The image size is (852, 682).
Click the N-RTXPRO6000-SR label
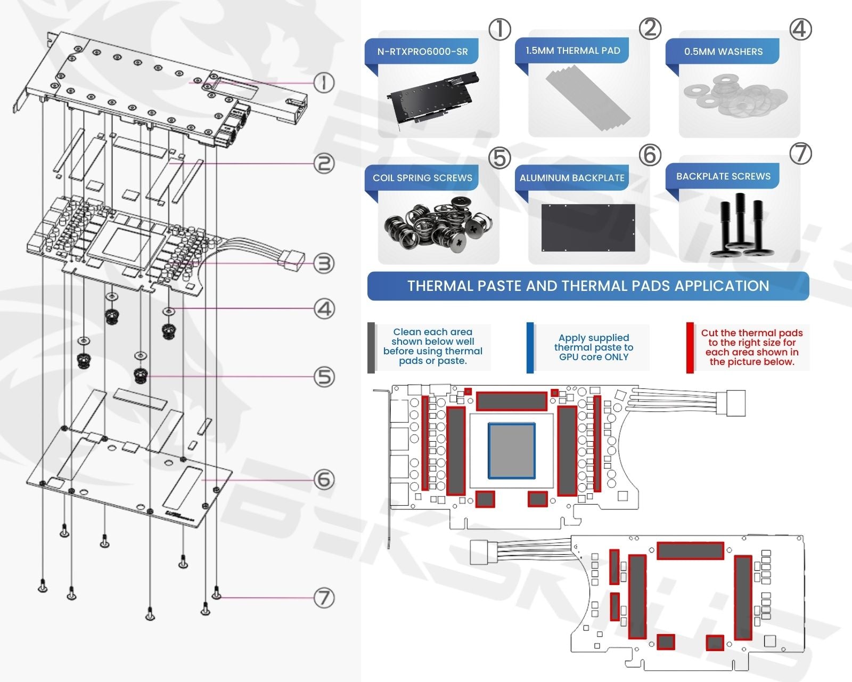tap(422, 52)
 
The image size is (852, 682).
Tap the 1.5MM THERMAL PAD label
tap(572, 51)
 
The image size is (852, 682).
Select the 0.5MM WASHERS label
tap(723, 52)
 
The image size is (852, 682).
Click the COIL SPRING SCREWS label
tap(422, 178)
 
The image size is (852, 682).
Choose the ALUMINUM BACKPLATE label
tap(572, 178)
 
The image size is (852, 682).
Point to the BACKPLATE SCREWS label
tap(723, 176)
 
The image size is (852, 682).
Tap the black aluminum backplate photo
tap(588, 227)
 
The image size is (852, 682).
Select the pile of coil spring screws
tap(437, 224)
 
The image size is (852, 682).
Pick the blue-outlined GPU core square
tap(512, 450)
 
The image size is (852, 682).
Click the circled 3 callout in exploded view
tap(323, 263)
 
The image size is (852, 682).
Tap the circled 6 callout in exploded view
tap(324, 480)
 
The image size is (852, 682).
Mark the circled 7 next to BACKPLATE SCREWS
tap(800, 153)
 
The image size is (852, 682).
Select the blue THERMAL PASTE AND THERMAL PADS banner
tap(588, 286)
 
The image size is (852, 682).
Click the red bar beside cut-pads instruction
tap(690, 347)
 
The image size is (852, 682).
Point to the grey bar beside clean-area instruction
tap(371, 347)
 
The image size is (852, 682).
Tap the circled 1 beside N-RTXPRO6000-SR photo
tap(499, 29)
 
